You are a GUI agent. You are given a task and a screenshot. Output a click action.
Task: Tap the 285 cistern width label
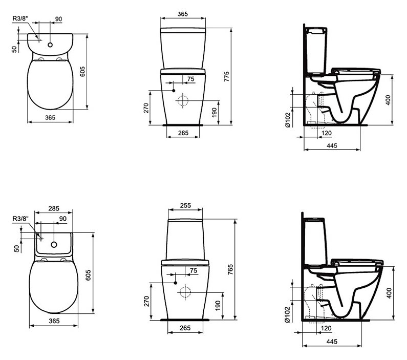pos(54,208)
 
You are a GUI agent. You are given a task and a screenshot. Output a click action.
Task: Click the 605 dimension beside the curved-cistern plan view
pos(82,72)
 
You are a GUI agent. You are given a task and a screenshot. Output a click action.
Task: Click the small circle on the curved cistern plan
pos(50,45)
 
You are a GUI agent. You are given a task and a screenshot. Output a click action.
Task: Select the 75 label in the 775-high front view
pos(190,79)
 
